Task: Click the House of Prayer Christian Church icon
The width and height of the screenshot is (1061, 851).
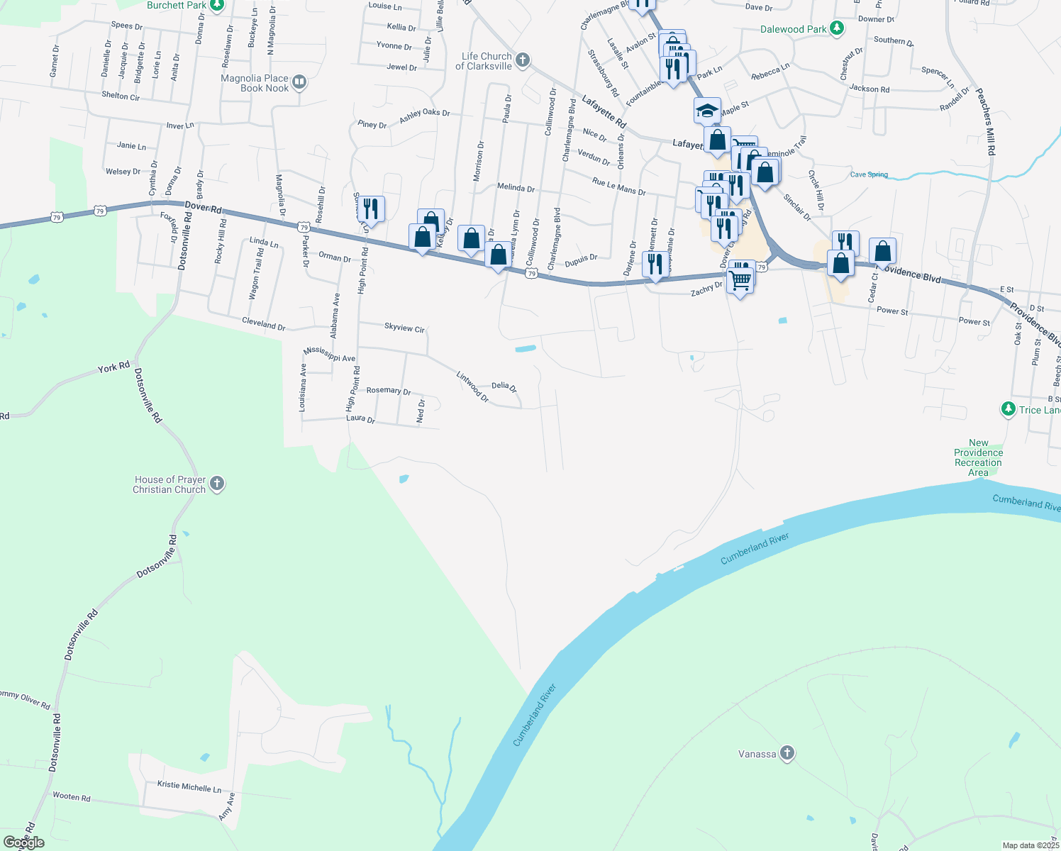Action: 217,484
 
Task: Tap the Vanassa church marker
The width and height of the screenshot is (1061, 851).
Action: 787,753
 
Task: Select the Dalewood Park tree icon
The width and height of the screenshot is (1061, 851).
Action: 838,28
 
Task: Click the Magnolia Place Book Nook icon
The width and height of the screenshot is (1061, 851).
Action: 299,82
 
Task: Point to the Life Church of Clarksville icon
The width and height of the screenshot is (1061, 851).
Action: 522,60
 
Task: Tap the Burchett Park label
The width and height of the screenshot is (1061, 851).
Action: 177,5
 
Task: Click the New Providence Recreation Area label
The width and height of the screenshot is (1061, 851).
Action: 978,457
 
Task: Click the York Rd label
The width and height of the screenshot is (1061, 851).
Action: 113,367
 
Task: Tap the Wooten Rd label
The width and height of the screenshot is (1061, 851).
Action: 72,796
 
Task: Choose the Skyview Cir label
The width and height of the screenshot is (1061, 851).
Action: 404,328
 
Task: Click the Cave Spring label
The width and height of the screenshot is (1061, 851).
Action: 869,174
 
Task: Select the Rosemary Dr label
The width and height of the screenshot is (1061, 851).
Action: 389,391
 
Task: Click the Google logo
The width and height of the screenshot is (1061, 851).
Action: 23,842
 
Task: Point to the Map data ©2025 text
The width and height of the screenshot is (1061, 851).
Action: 1031,845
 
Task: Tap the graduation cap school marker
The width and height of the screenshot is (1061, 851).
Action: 707,111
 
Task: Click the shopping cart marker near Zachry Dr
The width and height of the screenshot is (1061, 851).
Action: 740,281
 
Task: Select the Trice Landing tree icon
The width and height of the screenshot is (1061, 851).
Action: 1008,409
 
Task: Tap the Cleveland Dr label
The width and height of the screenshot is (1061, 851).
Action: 263,323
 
